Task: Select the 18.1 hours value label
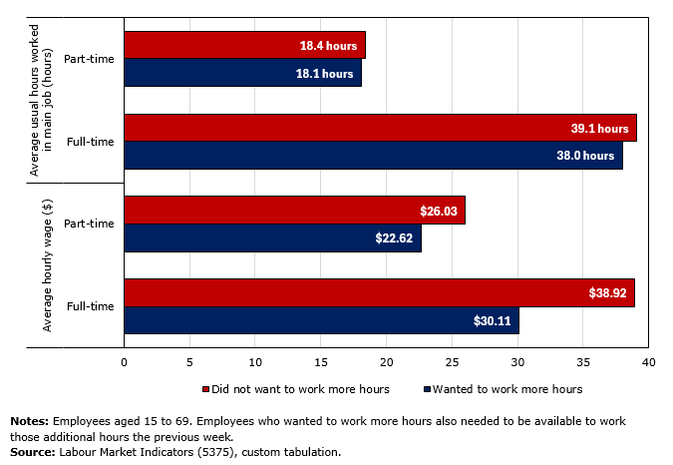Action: tap(324, 74)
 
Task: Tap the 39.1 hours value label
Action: tap(599, 129)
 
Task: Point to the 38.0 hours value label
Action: tap(585, 156)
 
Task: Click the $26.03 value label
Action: tap(440, 211)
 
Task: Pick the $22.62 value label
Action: tap(396, 238)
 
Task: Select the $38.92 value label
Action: tap(609, 293)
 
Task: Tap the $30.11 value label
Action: tap(494, 320)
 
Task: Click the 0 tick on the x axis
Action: tap(125, 363)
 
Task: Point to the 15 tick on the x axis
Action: tap(321, 363)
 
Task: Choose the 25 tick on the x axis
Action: tap(452, 363)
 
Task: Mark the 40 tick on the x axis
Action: tap(648, 363)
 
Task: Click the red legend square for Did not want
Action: tap(206, 389)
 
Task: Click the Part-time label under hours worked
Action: tap(89, 59)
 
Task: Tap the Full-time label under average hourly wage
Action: tap(90, 306)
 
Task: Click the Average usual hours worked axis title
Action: tap(41, 101)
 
